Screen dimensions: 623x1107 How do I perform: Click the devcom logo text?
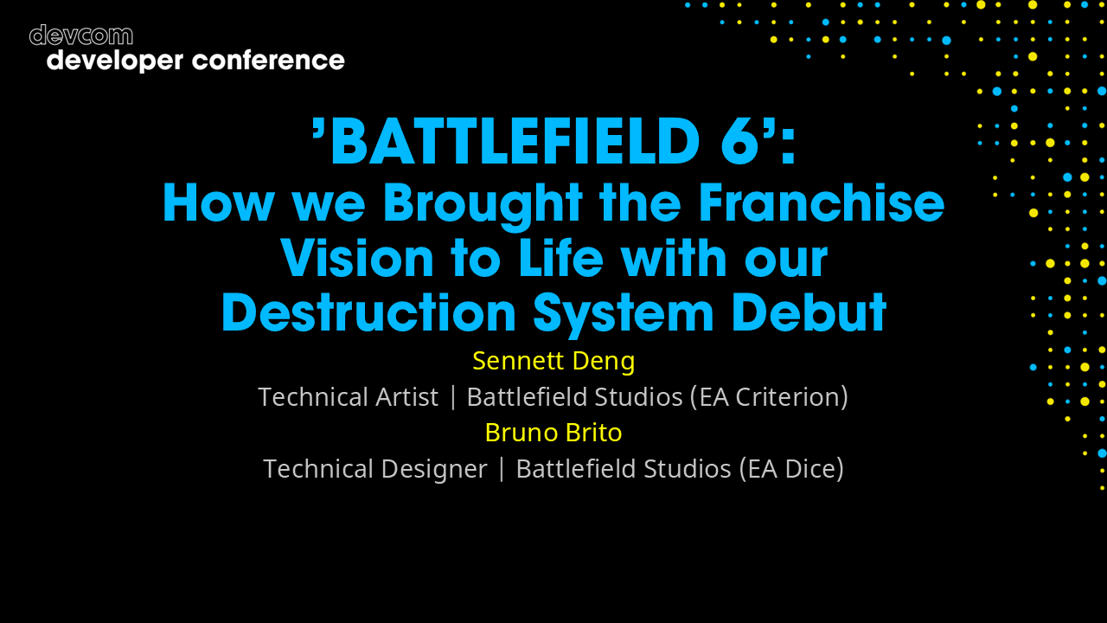[81, 35]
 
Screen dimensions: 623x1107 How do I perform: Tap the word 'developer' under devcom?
[115, 61]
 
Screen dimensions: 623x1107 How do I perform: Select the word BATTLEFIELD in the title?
[514, 142]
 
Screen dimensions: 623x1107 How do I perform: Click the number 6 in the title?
[740, 142]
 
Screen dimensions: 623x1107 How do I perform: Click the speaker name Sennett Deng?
[553, 361]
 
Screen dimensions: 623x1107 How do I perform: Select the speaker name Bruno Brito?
[553, 432]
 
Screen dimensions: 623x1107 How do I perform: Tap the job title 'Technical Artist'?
[348, 397]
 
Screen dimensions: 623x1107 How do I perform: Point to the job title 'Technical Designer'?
[374, 469]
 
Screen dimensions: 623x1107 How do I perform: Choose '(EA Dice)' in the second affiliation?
[790, 469]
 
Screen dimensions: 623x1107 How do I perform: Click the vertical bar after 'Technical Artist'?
[452, 397]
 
